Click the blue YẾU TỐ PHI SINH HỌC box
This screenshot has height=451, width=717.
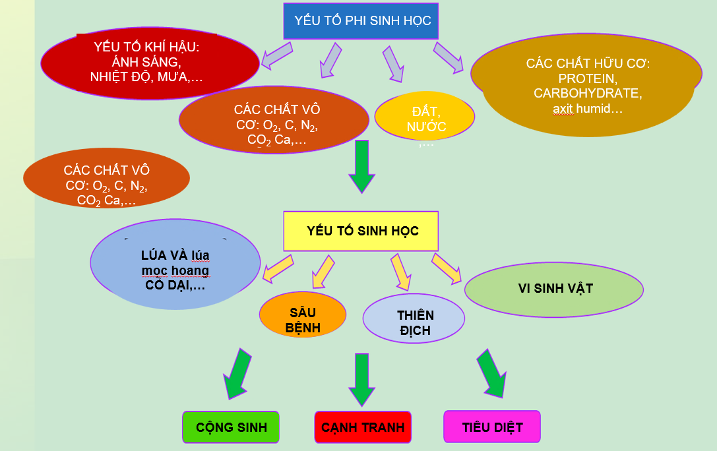361,21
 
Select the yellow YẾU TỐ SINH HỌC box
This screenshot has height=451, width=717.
361,231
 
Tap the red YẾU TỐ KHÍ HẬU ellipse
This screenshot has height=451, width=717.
150,63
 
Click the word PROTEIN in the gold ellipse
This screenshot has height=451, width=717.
587,78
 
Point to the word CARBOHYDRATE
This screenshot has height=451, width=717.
587,93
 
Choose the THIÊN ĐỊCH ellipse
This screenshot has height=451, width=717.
414,321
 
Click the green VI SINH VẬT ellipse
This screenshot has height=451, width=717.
554,289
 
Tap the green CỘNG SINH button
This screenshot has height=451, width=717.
231,427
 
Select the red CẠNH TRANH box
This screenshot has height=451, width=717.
363,427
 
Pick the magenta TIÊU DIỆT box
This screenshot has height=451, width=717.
492,427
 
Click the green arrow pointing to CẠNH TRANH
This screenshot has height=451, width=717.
361,379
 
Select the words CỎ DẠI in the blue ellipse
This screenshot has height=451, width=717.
174,286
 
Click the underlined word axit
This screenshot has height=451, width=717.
564,108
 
